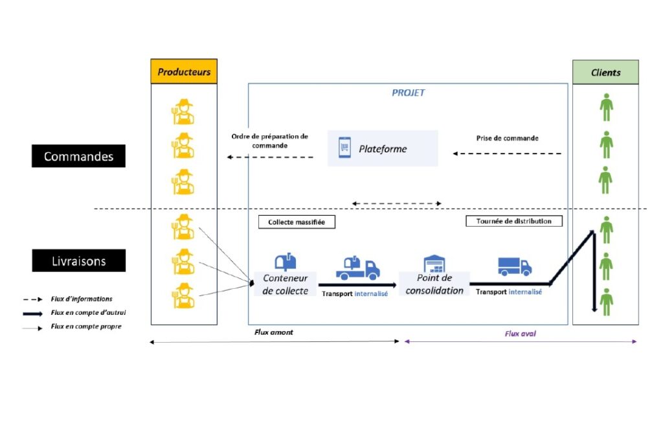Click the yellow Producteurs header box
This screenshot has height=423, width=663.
184,71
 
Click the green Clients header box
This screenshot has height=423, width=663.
605,73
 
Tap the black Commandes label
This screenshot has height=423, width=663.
78,156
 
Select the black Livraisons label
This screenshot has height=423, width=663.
78,260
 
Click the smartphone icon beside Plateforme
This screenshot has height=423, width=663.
344,148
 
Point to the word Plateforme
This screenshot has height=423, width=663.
383,149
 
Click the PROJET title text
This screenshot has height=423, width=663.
408,93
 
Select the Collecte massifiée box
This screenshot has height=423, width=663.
297,222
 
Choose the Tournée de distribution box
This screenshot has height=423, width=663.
513,221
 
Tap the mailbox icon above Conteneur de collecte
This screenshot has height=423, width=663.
286,262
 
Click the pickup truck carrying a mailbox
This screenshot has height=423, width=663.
357,268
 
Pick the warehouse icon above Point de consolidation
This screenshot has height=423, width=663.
434,264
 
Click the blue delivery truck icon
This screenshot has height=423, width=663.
515,266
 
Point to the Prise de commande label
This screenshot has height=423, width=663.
508,138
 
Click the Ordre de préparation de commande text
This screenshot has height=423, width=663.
270,141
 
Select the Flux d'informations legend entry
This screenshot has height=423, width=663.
67,299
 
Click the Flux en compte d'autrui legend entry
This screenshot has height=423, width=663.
74,313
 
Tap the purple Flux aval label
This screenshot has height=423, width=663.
520,334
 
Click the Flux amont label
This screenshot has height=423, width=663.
274,332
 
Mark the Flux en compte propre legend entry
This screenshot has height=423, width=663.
72,326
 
